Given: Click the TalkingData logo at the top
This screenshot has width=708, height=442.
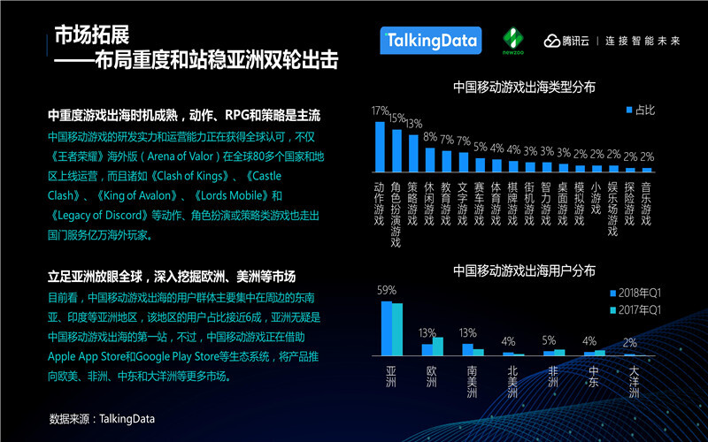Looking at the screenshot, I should (430, 40).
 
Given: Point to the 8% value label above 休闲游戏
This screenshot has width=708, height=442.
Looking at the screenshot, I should (430, 137).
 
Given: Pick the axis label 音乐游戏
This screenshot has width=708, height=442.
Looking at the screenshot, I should (647, 203).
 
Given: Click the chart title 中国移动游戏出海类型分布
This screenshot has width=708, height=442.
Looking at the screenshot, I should (524, 88).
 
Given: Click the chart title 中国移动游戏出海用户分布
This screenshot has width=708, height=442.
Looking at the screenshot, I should (524, 270).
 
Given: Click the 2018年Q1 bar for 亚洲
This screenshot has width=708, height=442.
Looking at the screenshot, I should (387, 328).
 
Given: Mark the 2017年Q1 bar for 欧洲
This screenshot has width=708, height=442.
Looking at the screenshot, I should (437, 346).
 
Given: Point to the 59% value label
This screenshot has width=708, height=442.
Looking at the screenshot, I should (387, 290).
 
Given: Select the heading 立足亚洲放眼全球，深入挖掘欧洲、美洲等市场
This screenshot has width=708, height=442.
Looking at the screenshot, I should (172, 276).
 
